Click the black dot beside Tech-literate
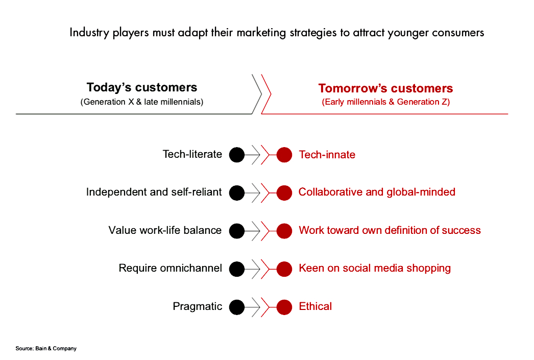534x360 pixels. [x=237, y=155]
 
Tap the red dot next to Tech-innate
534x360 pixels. [x=284, y=155]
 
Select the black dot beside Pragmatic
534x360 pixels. [x=237, y=307]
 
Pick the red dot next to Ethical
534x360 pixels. [x=284, y=307]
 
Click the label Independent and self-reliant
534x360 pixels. [x=154, y=192]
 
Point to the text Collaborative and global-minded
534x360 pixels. [x=377, y=192]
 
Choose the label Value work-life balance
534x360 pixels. [x=165, y=230]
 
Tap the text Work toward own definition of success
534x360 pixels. [x=390, y=230]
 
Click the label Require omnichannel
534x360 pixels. [x=171, y=268]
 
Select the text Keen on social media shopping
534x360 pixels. [x=375, y=269]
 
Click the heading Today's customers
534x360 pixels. [x=142, y=87]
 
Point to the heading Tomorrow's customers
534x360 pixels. [x=386, y=88]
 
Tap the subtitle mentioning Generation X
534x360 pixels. [x=142, y=102]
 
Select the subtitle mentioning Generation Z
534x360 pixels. [x=386, y=102]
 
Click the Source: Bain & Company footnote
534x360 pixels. [x=46, y=348]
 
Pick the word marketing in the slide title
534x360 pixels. [x=261, y=33]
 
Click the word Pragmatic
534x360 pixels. [x=198, y=306]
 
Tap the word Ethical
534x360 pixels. [x=315, y=306]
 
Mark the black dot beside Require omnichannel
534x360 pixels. [x=237, y=269]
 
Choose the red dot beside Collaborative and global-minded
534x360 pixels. [x=284, y=193]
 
